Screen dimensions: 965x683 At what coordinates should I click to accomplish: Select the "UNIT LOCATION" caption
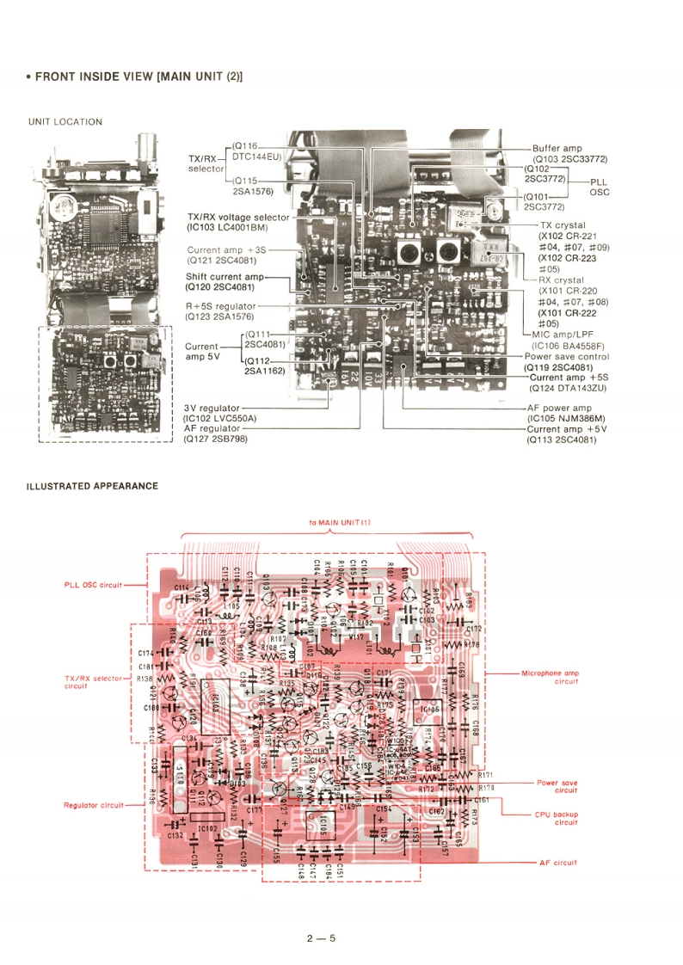pyautogui.click(x=65, y=122)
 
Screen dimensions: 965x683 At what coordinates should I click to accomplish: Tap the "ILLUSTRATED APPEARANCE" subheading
pyautogui.click(x=92, y=486)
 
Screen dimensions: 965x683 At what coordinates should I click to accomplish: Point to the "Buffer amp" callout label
pyautogui.click(x=557, y=148)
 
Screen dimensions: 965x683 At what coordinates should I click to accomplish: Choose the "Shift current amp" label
pyautogui.click(x=225, y=276)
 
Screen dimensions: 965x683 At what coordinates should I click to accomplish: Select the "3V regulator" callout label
pyautogui.click(x=212, y=408)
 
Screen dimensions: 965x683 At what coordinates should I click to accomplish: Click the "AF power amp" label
pyautogui.click(x=559, y=408)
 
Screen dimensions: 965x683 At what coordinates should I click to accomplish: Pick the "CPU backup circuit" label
pyautogui.click(x=553, y=817)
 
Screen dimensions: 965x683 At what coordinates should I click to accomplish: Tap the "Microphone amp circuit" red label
pyautogui.click(x=549, y=676)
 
